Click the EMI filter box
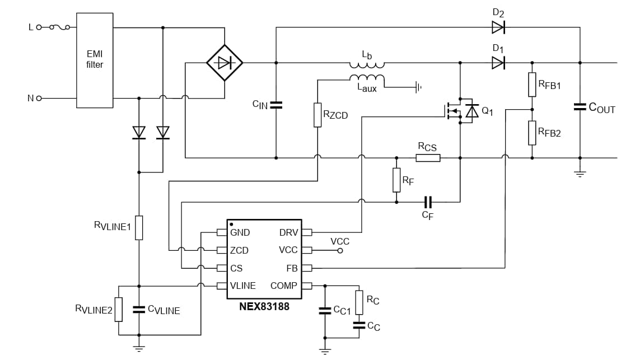click(x=95, y=60)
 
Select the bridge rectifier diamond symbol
click(x=225, y=63)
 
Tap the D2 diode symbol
click(x=498, y=27)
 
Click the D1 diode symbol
click(x=498, y=63)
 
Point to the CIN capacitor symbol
click(x=276, y=105)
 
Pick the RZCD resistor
click(x=317, y=115)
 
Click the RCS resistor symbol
click(x=428, y=158)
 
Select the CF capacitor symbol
click(x=428, y=202)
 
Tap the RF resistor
click(x=396, y=180)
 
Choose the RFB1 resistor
click(x=532, y=84)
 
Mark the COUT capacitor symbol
click(x=580, y=106)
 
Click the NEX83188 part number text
click(x=264, y=307)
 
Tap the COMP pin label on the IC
click(x=283, y=286)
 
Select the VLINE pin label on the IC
click(x=242, y=286)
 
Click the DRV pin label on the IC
click(x=288, y=232)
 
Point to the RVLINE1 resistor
click(x=138, y=227)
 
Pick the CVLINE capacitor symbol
click(x=138, y=310)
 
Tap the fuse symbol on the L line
click(x=58, y=27)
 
